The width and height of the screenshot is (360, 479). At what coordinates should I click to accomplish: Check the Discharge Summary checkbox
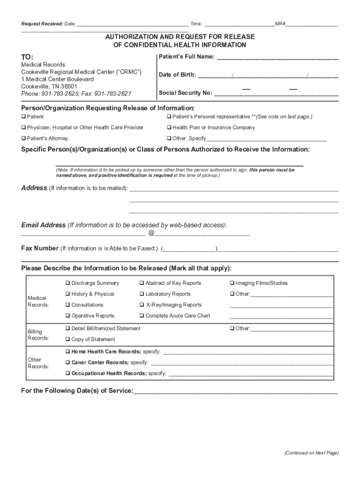(x=68, y=283)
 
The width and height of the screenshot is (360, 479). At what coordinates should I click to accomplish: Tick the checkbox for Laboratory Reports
(x=142, y=294)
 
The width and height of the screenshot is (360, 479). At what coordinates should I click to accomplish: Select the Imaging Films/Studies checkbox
(x=231, y=283)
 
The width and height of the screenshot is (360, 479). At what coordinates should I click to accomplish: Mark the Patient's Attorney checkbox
(x=23, y=138)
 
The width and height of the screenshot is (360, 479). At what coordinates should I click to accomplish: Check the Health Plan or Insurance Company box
(x=169, y=128)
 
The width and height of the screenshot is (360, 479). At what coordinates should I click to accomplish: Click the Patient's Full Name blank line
(x=278, y=58)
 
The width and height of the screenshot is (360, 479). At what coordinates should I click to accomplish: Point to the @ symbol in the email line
(x=151, y=233)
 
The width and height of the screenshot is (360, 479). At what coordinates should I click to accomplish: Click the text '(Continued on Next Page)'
(x=311, y=453)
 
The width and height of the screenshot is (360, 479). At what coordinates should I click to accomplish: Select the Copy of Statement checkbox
(x=68, y=340)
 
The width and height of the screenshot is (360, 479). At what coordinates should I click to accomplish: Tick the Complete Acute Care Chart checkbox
(x=142, y=316)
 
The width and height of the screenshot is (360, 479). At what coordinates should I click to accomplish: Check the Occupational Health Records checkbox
(x=68, y=374)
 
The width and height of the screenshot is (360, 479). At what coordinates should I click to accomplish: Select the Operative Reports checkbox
(x=68, y=316)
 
